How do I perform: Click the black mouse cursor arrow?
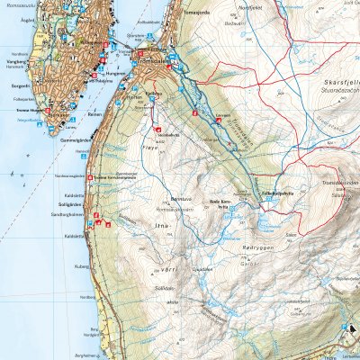click(x=353, y=329)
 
